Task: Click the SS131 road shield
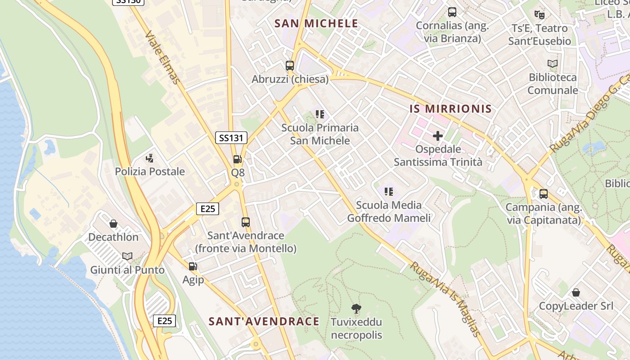231,138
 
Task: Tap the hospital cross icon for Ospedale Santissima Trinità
438,135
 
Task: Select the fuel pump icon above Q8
237,159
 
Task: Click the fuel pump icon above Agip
193,266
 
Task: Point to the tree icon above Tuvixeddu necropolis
356,309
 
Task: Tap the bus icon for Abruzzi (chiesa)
290,66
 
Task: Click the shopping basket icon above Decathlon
113,224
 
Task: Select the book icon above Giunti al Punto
127,256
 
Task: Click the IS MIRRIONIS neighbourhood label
450,109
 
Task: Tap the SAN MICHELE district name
316,24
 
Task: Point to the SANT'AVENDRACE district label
264,321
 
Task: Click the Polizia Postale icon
150,158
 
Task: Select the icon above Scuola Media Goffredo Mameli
389,192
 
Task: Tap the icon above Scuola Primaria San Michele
320,114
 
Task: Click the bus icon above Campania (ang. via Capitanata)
544,194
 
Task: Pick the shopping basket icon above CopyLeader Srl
576,293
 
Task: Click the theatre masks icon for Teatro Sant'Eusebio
540,15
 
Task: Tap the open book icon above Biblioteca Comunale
553,64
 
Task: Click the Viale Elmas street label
163,57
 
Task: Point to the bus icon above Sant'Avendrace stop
245,222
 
